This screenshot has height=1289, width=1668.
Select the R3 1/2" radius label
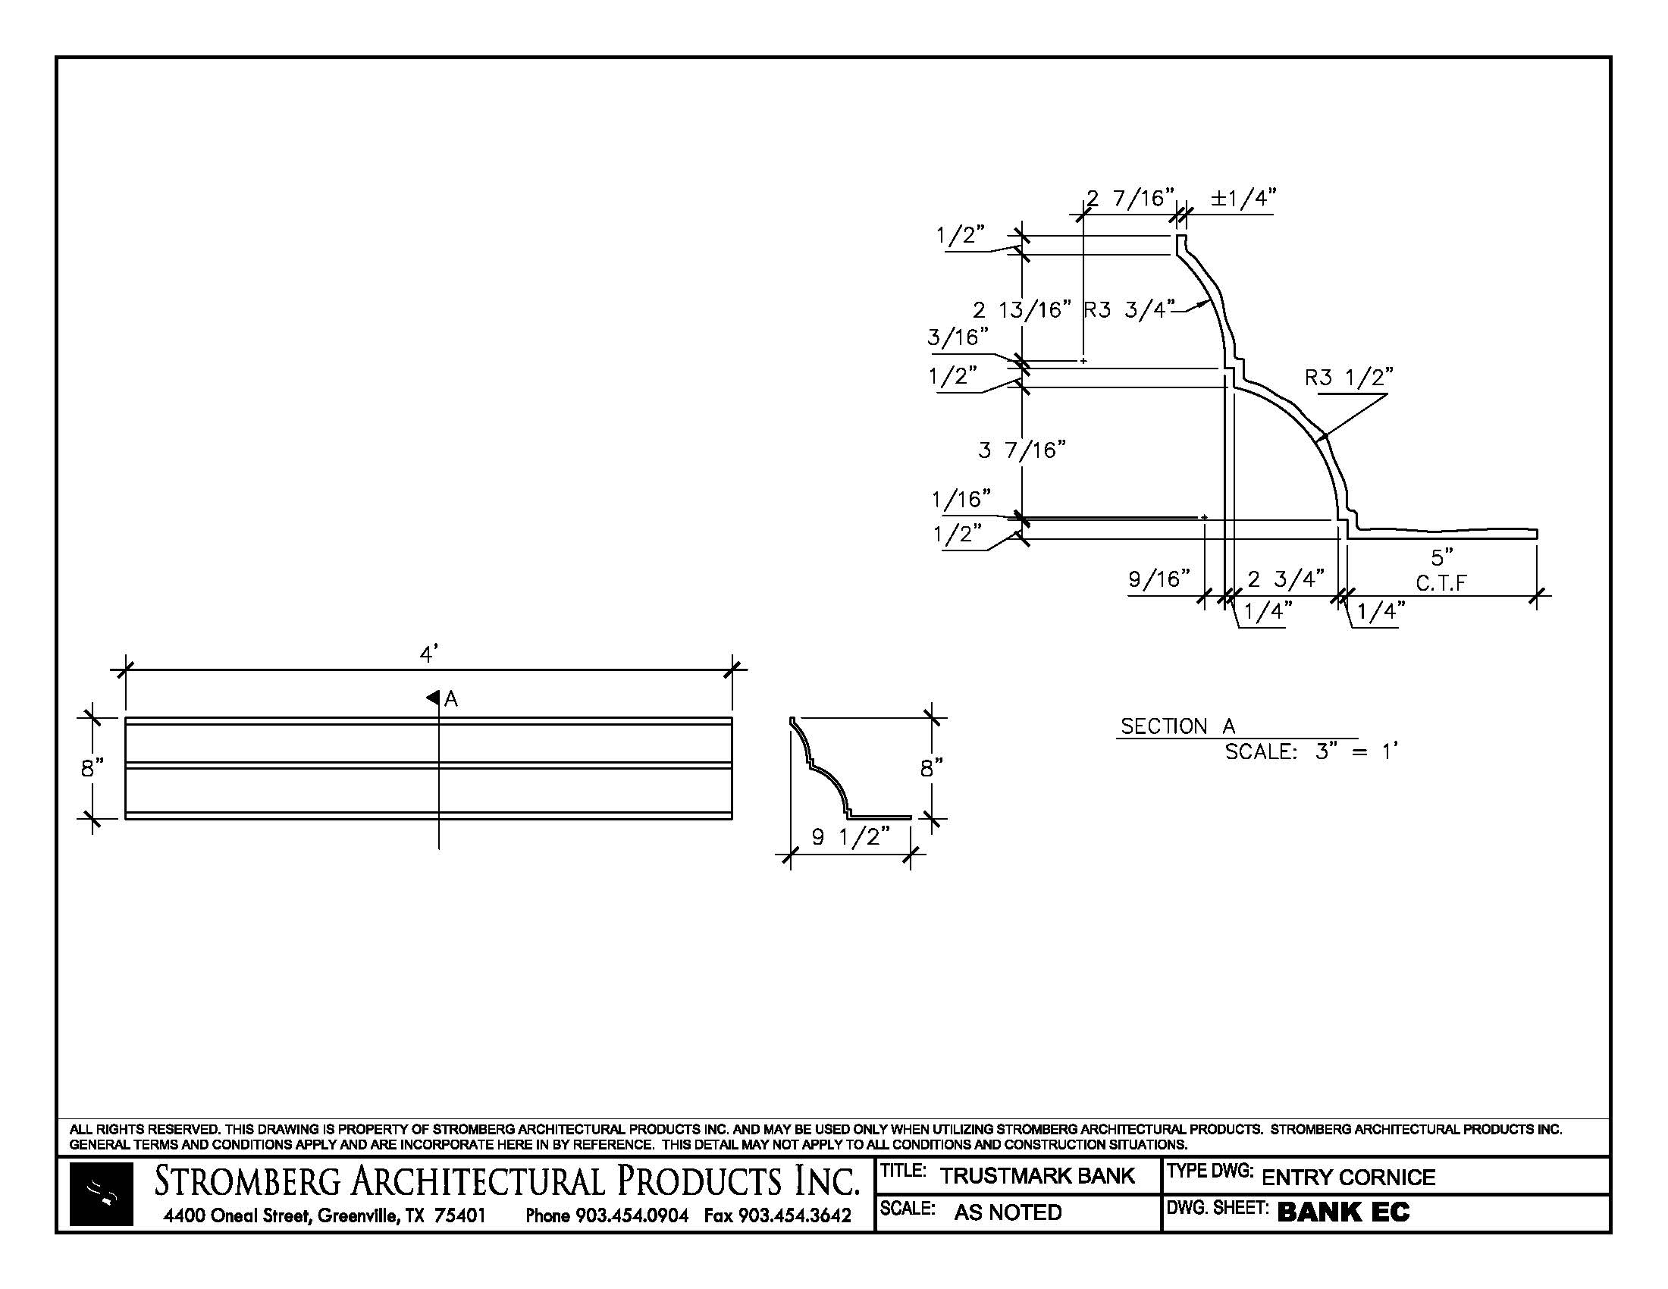coord(1349,378)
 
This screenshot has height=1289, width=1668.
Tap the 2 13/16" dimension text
coord(1022,310)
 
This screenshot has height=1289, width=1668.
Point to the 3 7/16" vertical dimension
coord(1022,450)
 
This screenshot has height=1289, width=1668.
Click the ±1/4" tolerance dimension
coord(1243,199)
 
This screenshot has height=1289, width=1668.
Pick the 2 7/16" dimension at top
coord(1130,199)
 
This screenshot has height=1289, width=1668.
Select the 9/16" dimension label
coord(1159,579)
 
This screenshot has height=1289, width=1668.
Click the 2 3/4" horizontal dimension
coord(1286,579)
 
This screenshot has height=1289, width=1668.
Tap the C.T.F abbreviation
coord(1441,584)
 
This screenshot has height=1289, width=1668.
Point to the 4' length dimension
coord(429,654)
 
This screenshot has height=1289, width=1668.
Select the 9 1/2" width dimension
coord(851,838)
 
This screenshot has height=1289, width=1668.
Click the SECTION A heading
coord(1177,726)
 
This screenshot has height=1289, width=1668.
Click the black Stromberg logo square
coord(101,1194)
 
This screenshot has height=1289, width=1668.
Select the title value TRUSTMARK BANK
coord(1037,1176)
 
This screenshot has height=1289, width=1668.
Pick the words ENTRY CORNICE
coord(1348,1178)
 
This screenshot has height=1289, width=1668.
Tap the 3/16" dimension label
coord(958,337)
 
